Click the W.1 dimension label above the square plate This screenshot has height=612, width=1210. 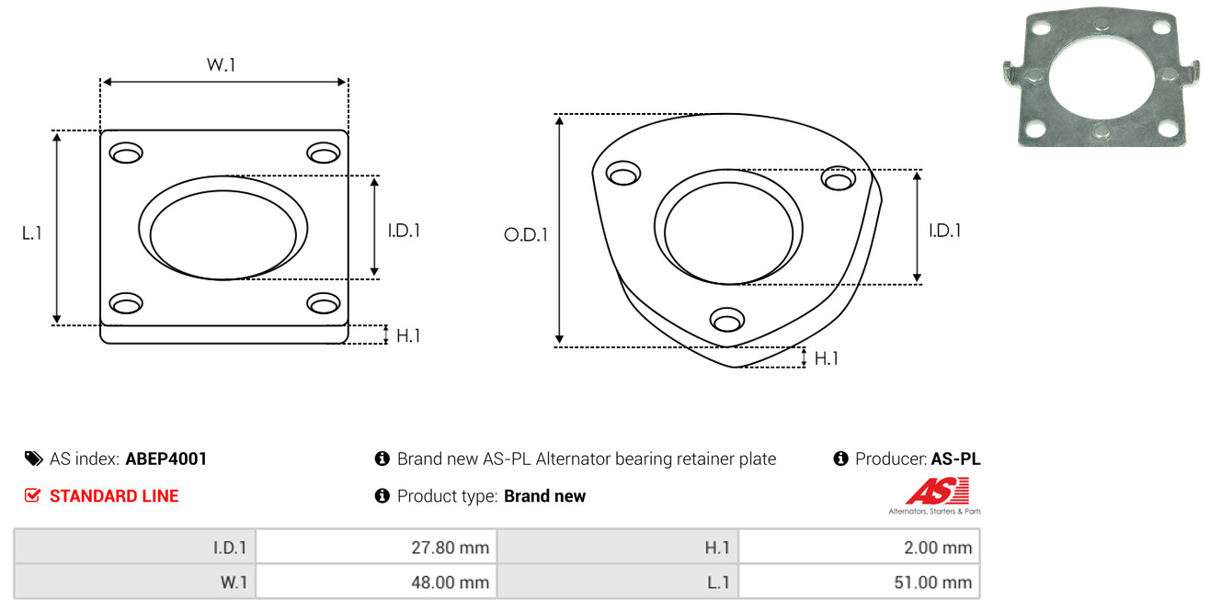(x=222, y=65)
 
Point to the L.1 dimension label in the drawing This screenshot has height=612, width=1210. (x=33, y=233)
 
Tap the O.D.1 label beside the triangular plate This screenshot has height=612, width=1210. (x=526, y=234)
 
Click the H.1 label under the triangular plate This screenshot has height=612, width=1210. (x=827, y=358)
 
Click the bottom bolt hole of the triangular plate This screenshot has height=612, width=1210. (x=726, y=320)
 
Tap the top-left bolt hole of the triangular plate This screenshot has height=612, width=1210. (x=623, y=174)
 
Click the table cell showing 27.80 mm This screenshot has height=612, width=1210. (x=376, y=549)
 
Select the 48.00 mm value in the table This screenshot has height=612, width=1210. (x=376, y=582)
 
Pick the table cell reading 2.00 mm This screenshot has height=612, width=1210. (x=860, y=549)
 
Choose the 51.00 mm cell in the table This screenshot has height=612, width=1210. (x=860, y=582)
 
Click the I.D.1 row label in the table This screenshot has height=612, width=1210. (x=135, y=549)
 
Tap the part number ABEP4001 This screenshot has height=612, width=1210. (x=166, y=459)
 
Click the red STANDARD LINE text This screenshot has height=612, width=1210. (x=114, y=496)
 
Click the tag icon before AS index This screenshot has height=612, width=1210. (x=33, y=459)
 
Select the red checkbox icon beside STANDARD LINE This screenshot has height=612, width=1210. (x=33, y=496)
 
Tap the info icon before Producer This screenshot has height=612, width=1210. (x=840, y=459)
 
